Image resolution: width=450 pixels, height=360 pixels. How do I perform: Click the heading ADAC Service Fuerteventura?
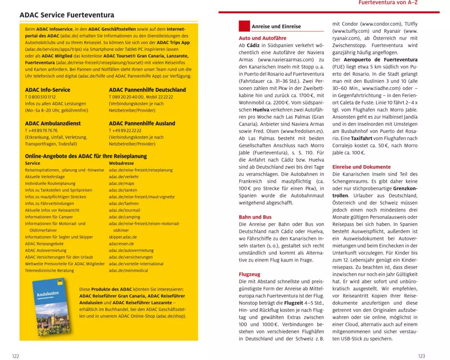click(x=67, y=15)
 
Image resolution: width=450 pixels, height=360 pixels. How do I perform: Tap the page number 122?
click(x=15, y=356)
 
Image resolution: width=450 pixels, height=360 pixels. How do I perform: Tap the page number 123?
click(x=421, y=356)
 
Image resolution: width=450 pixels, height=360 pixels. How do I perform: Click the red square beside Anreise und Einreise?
click(x=244, y=26)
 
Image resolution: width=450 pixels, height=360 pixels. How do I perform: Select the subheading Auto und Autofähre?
click(x=262, y=38)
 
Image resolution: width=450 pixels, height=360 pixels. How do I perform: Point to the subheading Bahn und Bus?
click(x=256, y=217)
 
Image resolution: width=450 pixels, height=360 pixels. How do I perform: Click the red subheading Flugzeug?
click(x=249, y=274)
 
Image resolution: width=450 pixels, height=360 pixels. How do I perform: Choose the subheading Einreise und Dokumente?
click(x=361, y=166)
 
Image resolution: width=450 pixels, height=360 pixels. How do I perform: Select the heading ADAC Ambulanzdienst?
click(x=53, y=123)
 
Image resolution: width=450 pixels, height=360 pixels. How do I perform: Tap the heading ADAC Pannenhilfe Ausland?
click(x=142, y=123)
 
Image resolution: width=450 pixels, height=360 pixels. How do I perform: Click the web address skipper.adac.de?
click(x=123, y=237)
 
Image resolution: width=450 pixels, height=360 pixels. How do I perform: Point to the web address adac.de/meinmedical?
click(x=128, y=270)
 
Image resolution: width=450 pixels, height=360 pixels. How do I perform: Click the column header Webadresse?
click(x=121, y=163)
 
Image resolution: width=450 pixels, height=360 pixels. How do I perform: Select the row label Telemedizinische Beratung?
click(x=49, y=270)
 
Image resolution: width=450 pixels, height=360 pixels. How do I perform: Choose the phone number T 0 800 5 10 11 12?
click(x=40, y=97)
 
